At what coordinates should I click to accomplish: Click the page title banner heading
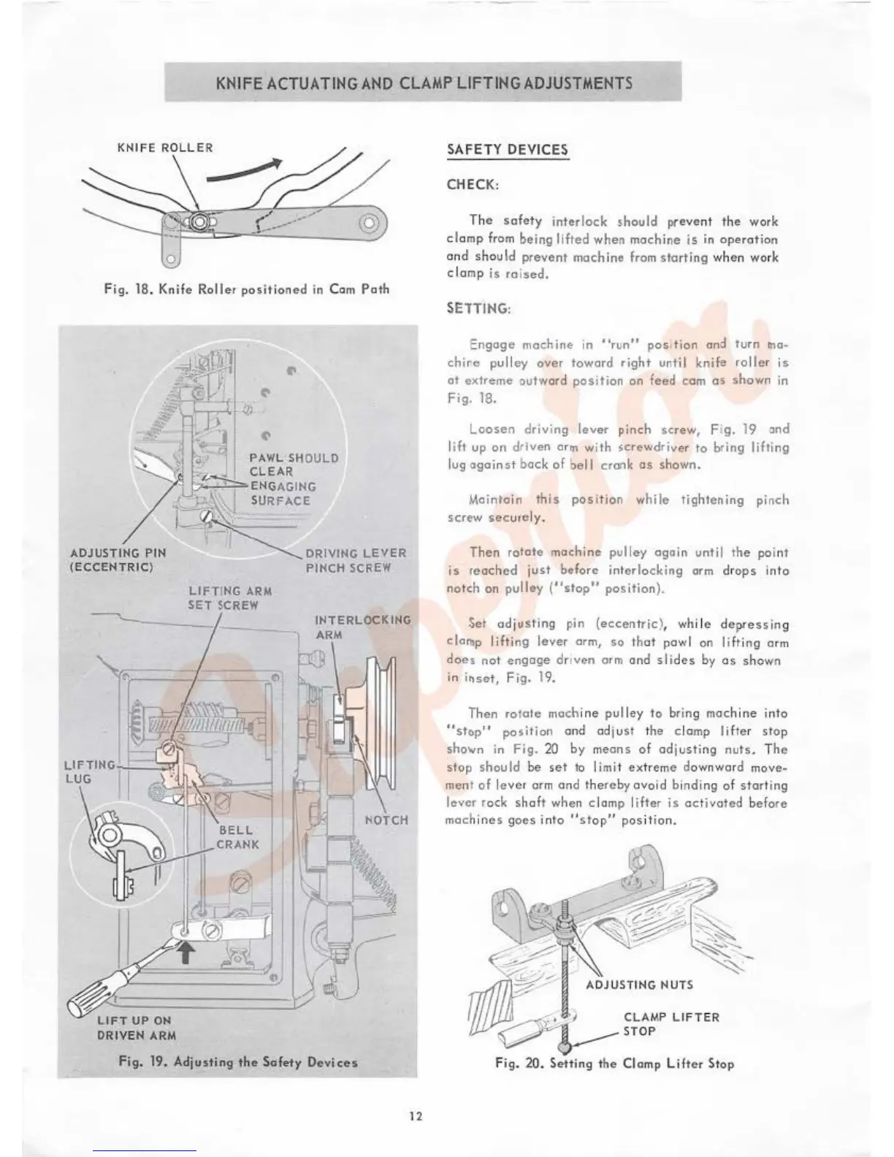tap(424, 83)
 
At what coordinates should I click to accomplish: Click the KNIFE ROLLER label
tap(165, 148)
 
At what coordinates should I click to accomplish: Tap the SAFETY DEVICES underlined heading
tap(507, 150)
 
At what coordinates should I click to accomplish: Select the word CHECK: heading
tap(473, 185)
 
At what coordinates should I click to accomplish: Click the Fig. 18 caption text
tap(246, 289)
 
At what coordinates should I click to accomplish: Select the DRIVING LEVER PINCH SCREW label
tap(356, 560)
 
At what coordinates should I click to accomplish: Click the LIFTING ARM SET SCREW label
tap(230, 597)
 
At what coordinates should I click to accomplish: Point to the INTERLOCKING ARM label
tap(362, 627)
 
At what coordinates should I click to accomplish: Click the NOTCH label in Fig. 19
tap(386, 820)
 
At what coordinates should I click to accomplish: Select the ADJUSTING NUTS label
tap(639, 985)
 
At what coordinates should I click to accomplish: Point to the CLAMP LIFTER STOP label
tap(670, 1024)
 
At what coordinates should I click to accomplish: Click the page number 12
tap(416, 1116)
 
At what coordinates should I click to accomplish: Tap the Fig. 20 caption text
tap(614, 1064)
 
